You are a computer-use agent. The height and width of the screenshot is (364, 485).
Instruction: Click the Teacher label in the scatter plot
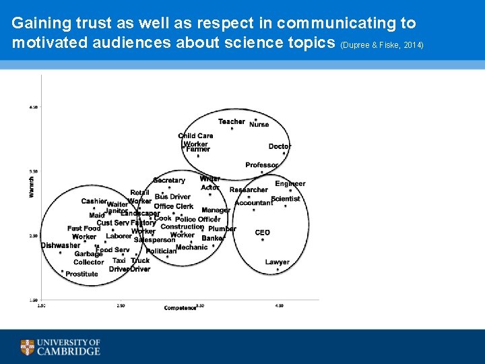coord(232,122)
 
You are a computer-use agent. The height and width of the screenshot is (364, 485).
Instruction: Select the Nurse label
coord(259,125)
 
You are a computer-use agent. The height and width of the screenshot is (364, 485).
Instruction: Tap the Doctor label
coord(280,146)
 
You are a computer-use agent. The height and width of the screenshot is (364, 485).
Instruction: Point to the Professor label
coord(262,165)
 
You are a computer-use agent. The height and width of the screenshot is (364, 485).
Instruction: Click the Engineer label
coord(290,183)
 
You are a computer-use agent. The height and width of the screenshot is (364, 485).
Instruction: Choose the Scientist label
coord(286,199)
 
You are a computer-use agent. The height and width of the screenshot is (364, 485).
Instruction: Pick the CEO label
coord(263,233)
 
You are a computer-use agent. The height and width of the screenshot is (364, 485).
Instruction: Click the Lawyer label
coord(278,262)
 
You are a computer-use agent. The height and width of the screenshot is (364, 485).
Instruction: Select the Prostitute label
coord(82,274)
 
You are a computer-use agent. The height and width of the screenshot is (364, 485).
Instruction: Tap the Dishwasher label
coord(61,245)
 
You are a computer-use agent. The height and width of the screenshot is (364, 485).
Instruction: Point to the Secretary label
coord(169,181)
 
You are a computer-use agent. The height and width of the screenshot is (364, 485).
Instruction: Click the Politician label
coord(161,251)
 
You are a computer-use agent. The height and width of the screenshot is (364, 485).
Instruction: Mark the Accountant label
coord(253,203)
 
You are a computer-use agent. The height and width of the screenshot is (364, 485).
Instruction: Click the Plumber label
coord(222,229)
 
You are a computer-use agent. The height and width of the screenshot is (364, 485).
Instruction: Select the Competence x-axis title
coord(180,308)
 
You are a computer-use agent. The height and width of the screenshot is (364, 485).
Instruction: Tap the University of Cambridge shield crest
coord(28,348)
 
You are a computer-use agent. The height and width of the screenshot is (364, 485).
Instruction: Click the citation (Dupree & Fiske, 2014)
coord(383,44)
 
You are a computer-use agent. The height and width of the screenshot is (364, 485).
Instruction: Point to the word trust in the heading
coord(79,23)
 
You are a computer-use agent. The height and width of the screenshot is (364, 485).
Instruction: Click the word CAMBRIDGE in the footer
coord(69,351)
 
